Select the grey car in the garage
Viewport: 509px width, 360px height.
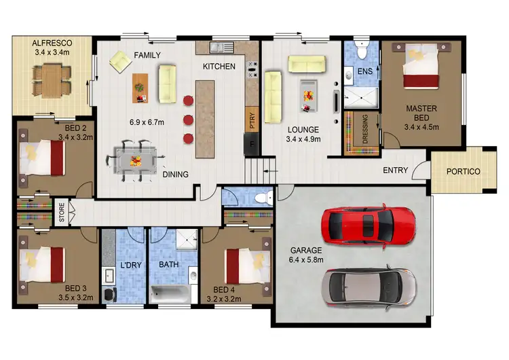367,285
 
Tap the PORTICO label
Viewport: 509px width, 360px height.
463,172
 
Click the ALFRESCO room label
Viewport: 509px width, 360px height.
52,42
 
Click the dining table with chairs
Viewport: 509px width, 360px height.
134,161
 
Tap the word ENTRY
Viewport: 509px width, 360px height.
396,170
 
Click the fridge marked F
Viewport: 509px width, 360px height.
252,144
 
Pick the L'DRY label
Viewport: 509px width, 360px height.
129,264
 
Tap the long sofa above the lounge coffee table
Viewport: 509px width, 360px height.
306,63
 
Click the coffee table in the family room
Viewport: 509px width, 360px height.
140,87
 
